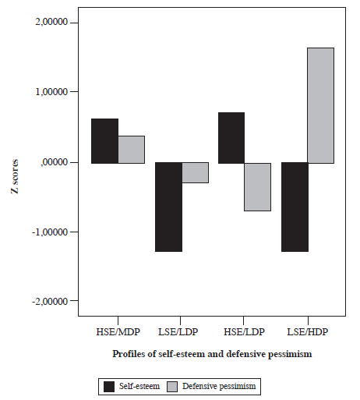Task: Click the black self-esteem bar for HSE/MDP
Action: click(x=104, y=141)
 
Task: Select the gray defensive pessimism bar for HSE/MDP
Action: click(x=131, y=149)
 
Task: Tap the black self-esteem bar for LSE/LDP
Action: click(x=168, y=207)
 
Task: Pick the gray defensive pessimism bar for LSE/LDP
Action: click(x=195, y=172)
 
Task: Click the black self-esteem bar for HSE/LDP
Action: click(x=231, y=138)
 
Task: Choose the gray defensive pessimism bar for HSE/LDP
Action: click(x=258, y=186)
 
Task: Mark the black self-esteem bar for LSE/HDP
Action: click(x=295, y=207)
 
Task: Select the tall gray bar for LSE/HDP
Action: click(x=321, y=105)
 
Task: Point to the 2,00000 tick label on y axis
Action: click(x=51, y=23)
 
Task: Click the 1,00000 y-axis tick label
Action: click(x=51, y=92)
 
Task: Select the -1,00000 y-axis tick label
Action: click(x=50, y=232)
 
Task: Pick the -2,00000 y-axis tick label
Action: click(x=50, y=301)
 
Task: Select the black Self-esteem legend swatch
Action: click(x=109, y=385)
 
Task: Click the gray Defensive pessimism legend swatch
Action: click(x=170, y=385)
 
